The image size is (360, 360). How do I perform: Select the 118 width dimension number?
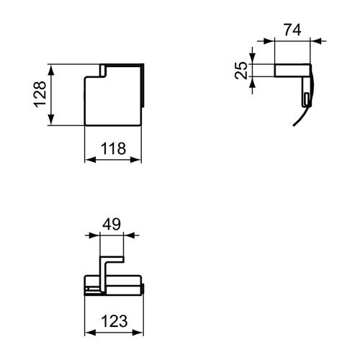click(x=113, y=149)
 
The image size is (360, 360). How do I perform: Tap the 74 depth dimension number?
click(x=292, y=30)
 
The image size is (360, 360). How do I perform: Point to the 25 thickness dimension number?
click(x=242, y=70)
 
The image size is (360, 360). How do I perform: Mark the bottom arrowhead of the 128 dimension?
click(x=52, y=122)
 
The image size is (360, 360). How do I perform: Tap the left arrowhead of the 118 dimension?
click(x=89, y=160)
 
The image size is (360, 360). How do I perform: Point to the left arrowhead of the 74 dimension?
click(x=277, y=41)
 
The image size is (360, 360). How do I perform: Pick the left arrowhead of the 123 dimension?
click(x=89, y=333)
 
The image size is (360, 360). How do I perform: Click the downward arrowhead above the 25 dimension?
click(x=253, y=59)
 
